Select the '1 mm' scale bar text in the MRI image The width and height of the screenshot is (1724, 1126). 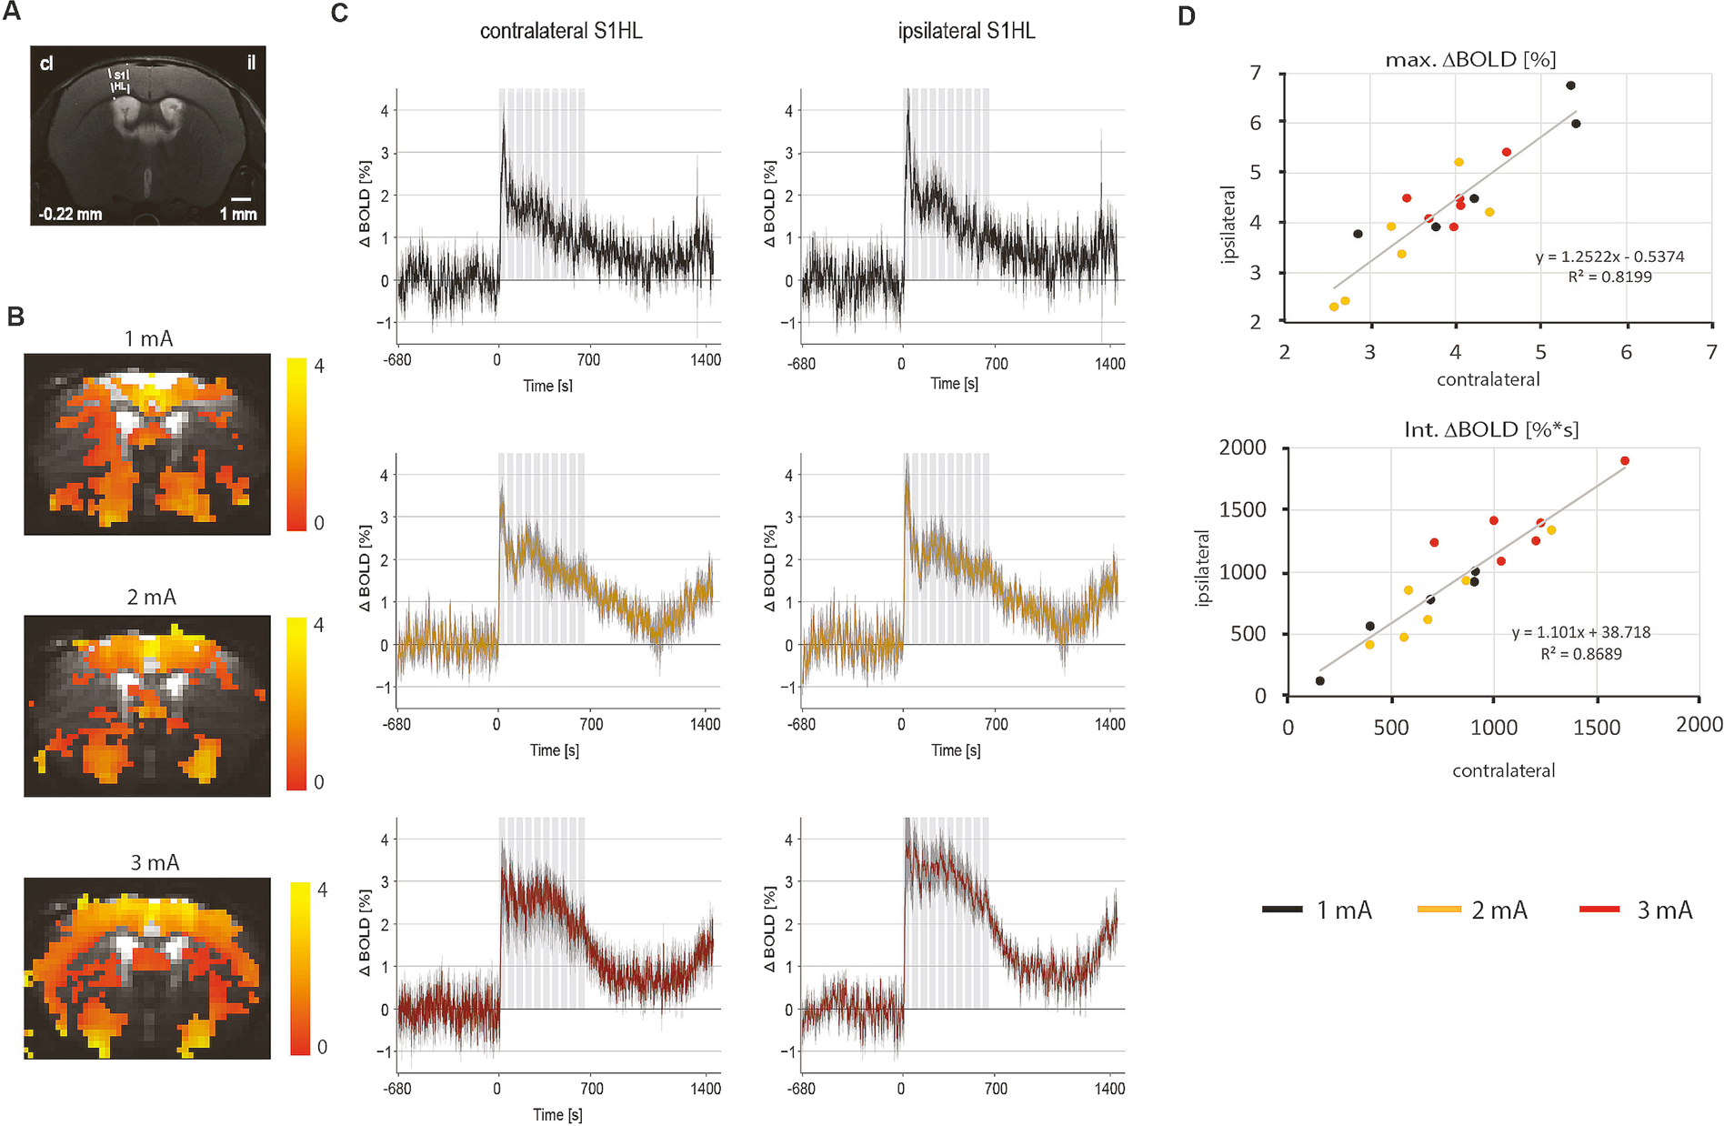(x=238, y=215)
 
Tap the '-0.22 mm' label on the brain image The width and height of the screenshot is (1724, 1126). (x=70, y=215)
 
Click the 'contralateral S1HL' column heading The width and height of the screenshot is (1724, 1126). (x=561, y=31)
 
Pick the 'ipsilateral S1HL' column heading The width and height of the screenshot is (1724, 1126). (x=967, y=31)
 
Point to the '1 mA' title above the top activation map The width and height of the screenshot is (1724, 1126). (x=148, y=339)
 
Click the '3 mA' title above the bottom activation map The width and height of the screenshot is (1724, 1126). (x=155, y=862)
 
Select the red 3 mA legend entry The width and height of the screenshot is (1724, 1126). (x=1636, y=910)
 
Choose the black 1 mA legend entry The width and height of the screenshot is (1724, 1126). (x=1318, y=910)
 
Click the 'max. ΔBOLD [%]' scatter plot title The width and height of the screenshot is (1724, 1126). (x=1470, y=60)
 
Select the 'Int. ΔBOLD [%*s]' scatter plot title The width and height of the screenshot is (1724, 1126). (x=1491, y=429)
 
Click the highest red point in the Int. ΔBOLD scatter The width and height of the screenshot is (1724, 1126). (x=1625, y=461)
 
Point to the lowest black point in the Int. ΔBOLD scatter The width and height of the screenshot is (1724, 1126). (x=1320, y=680)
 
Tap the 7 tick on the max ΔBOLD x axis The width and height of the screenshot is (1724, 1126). (x=1711, y=352)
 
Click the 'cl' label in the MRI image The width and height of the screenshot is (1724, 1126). (x=46, y=64)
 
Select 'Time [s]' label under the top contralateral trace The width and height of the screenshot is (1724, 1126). (x=547, y=386)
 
